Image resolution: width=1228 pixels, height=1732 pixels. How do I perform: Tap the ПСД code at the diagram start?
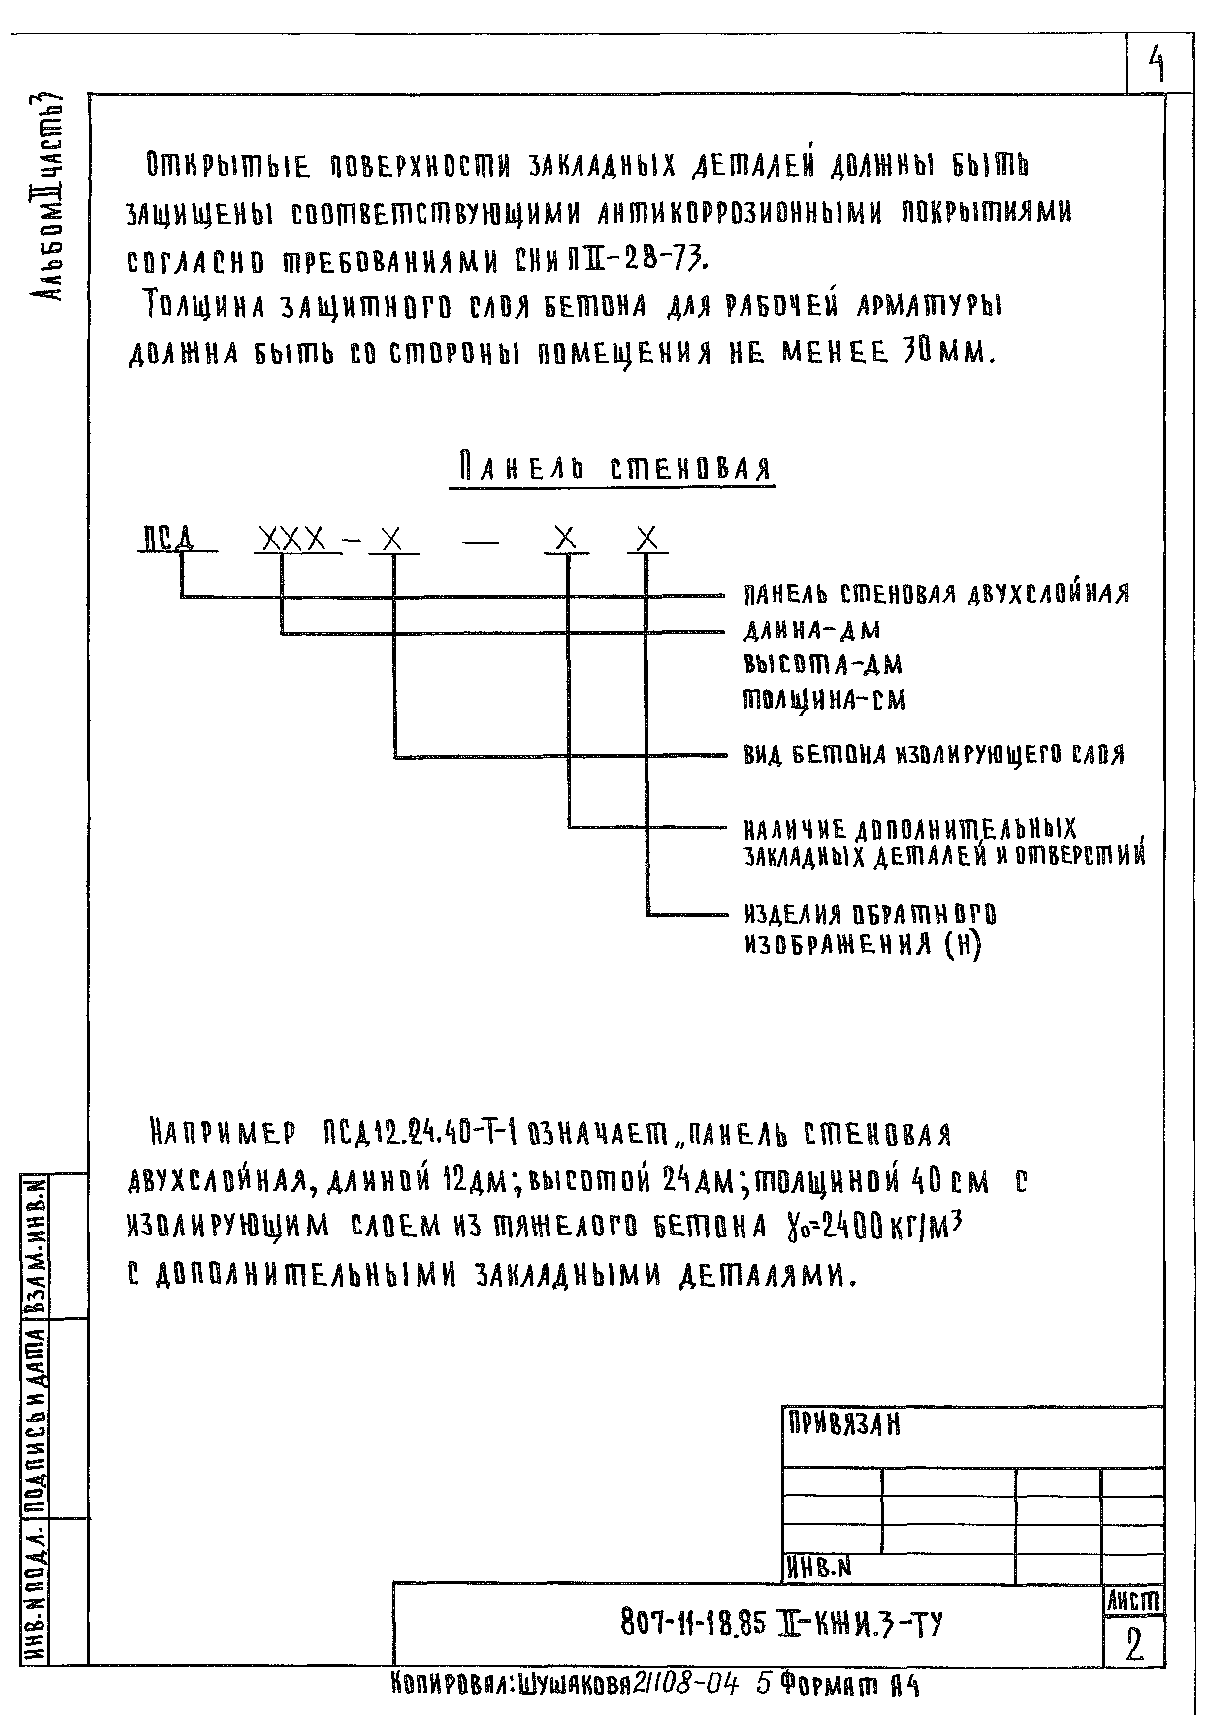tap(168, 539)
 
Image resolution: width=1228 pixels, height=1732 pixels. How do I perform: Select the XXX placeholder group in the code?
tap(291, 539)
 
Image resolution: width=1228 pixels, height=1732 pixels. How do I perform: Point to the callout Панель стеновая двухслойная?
tap(936, 594)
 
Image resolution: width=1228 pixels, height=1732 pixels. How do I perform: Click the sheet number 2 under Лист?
tap(1133, 1644)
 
